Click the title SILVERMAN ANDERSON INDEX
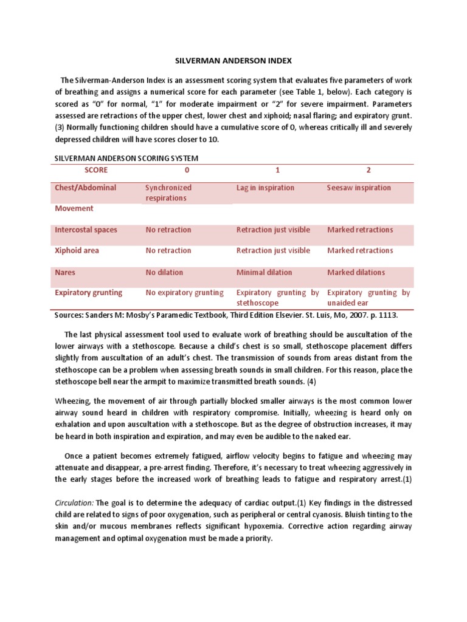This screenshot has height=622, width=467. [x=233, y=61]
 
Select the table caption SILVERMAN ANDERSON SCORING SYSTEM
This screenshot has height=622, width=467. [x=126, y=158]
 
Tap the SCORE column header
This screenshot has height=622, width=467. [x=95, y=170]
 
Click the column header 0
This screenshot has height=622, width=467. [x=187, y=170]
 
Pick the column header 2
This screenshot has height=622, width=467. [x=368, y=170]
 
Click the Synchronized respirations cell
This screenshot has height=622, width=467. [x=168, y=193]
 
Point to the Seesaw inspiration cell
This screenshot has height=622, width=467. [x=359, y=188]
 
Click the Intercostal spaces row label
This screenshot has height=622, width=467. [x=86, y=230]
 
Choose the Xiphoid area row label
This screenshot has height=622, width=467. [x=77, y=250]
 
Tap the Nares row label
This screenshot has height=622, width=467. [x=66, y=272]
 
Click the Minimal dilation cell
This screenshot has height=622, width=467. [x=264, y=272]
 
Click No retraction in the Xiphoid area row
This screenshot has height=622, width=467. [x=168, y=250]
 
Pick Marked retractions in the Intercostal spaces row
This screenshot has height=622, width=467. [x=360, y=230]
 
